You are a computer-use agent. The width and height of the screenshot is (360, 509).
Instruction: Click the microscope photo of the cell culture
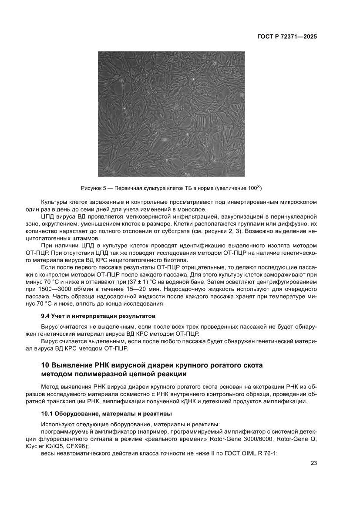pyautogui.click(x=171, y=114)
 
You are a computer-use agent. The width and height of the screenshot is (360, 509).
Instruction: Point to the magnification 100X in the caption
pyautogui.click(x=254, y=188)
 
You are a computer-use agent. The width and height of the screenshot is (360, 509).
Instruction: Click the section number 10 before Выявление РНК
pyautogui.click(x=45, y=364)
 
